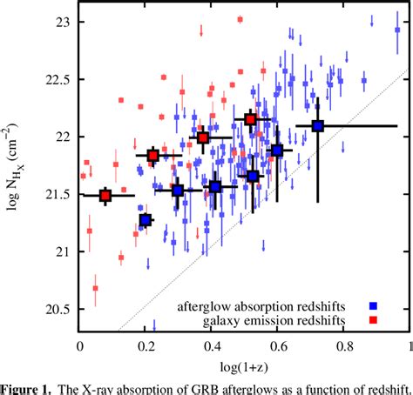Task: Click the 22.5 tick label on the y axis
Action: click(x=57, y=78)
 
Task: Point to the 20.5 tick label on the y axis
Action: click(x=57, y=311)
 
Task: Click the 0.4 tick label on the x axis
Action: click(x=212, y=345)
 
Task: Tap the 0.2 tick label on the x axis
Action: click(x=146, y=345)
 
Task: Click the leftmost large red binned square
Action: click(x=105, y=196)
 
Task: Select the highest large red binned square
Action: click(x=251, y=119)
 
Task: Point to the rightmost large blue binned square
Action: click(x=318, y=126)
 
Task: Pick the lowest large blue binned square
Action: click(x=146, y=220)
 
